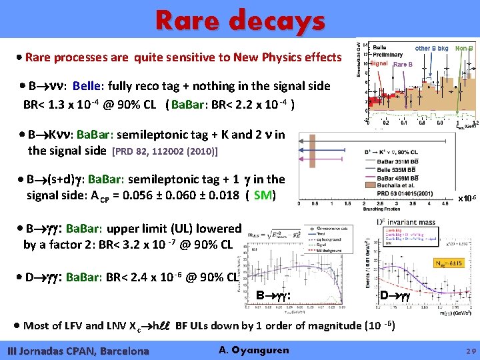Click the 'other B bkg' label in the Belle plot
point(431,49)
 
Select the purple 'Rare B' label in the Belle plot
point(403,65)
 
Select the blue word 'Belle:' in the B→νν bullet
point(88,86)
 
